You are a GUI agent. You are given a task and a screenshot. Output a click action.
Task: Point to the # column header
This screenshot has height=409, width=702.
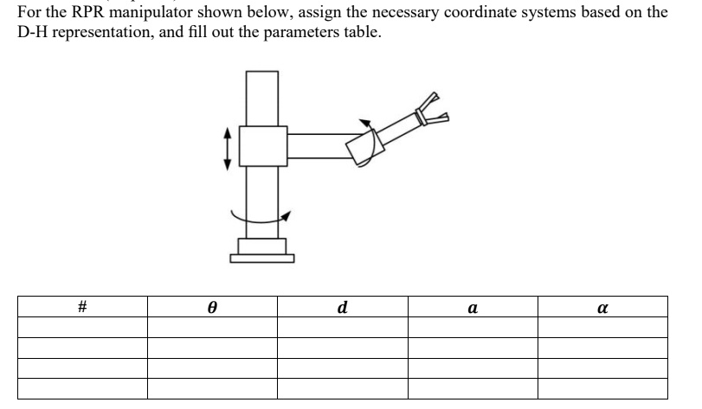pyautogui.click(x=81, y=308)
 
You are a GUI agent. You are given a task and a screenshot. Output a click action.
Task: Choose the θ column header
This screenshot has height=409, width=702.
pyautogui.click(x=211, y=308)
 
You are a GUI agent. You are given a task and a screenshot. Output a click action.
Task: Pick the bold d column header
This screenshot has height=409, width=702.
pyautogui.click(x=343, y=308)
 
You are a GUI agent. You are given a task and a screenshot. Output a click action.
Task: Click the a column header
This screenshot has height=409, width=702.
pyautogui.click(x=473, y=308)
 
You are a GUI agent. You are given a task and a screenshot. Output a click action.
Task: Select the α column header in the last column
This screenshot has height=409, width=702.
pyautogui.click(x=602, y=308)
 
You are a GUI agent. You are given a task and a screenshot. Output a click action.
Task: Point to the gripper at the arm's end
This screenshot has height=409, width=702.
pyautogui.click(x=431, y=112)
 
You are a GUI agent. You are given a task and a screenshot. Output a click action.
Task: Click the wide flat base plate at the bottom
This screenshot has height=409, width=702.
pyautogui.click(x=262, y=257)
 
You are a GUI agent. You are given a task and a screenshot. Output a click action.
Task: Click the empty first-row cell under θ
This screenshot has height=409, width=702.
pyautogui.click(x=211, y=328)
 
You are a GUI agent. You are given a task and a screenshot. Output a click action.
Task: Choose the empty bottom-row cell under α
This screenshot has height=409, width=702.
pyautogui.click(x=602, y=389)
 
